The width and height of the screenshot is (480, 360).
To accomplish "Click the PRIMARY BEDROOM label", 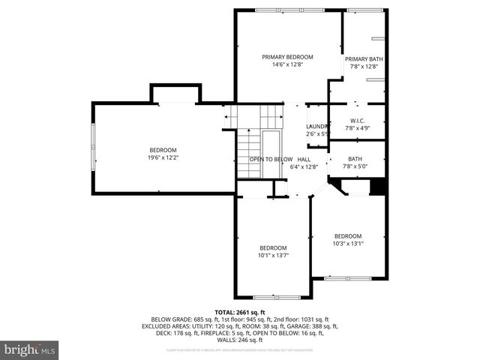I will (287, 57).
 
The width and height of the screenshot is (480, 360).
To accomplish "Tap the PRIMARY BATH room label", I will (364, 59).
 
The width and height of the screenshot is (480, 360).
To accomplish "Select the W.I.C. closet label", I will (357, 121).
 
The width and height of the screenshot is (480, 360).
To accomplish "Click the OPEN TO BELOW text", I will (271, 160).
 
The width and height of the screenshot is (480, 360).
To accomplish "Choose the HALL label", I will (304, 160).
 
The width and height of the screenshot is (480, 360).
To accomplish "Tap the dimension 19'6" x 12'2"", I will (163, 157).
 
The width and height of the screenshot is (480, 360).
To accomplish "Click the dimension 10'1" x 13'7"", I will (273, 255).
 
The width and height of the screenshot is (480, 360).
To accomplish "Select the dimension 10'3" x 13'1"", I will (348, 243).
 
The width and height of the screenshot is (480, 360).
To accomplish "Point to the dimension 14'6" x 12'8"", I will (287, 64).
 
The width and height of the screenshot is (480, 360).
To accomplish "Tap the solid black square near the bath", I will (379, 186).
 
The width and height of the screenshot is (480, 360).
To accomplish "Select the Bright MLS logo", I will (30, 349).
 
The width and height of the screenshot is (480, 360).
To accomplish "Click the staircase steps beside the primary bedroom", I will (255, 116).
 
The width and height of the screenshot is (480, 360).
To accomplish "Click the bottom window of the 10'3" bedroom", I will (347, 278).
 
